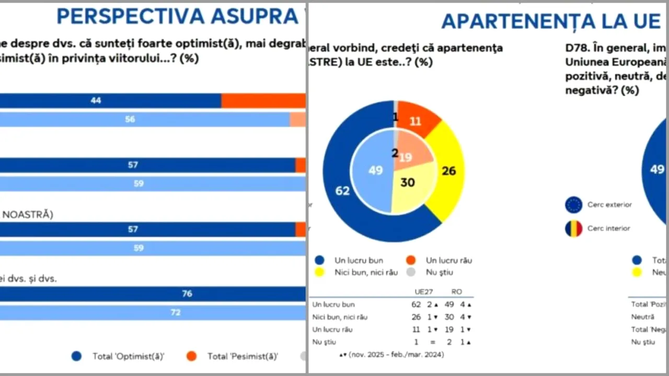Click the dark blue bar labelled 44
[110, 101]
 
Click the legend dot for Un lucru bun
[320, 260]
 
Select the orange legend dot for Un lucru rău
[411, 260]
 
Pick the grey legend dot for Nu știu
[411, 272]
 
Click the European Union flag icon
[573, 205]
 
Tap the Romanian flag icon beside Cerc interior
[573, 228]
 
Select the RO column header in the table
[456, 292]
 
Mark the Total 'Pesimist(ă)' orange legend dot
[191, 356]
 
